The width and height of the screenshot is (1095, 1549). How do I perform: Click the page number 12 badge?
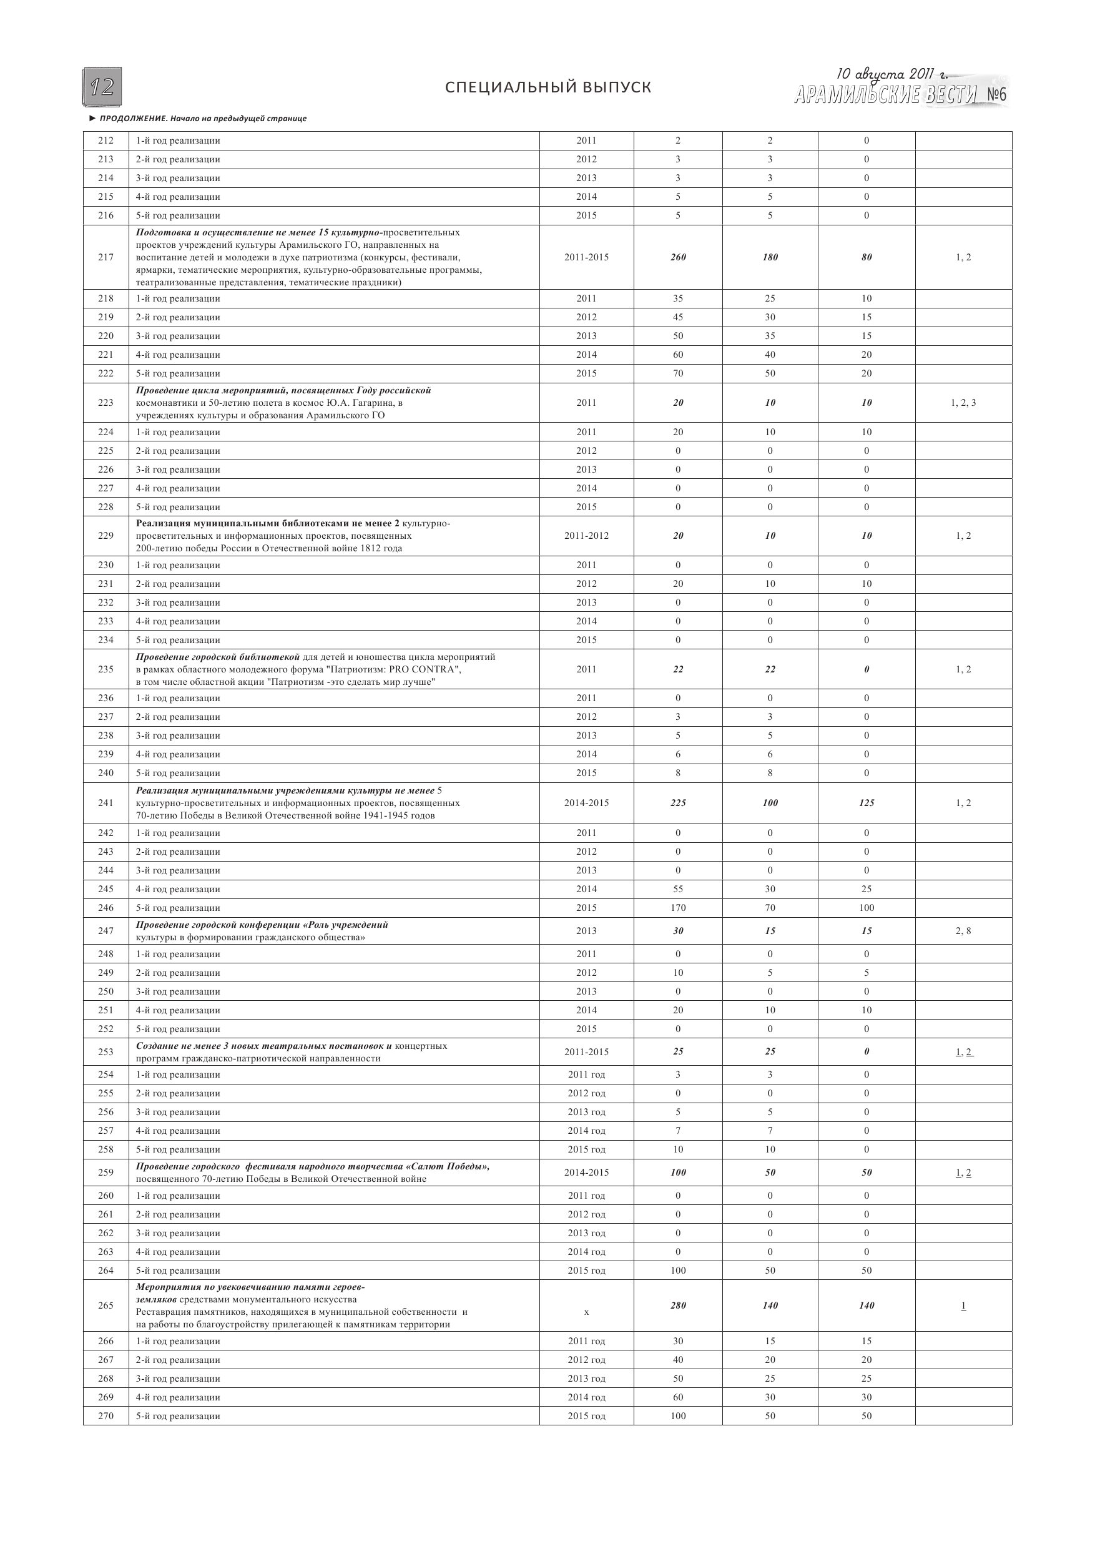[102, 87]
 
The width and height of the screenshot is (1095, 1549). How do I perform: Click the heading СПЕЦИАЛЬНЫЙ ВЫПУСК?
[548, 87]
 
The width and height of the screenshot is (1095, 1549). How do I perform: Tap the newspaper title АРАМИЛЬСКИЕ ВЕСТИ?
[885, 95]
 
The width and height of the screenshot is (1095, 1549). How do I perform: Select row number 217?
[106, 257]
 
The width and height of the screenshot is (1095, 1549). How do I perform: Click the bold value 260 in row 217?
[678, 257]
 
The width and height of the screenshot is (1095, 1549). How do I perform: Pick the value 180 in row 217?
[770, 257]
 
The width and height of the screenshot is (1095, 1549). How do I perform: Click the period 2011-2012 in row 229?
[586, 536]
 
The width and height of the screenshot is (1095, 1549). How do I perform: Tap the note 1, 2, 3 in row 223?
[963, 403]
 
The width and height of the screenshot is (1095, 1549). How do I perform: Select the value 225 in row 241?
[678, 803]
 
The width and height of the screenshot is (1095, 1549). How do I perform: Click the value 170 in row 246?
[678, 908]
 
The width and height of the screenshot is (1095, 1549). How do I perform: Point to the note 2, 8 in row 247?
[963, 931]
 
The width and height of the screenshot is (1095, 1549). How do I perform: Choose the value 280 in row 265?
[678, 1324]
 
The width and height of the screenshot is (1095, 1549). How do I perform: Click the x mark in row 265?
[586, 1331]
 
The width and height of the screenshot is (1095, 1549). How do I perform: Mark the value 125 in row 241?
[867, 803]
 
